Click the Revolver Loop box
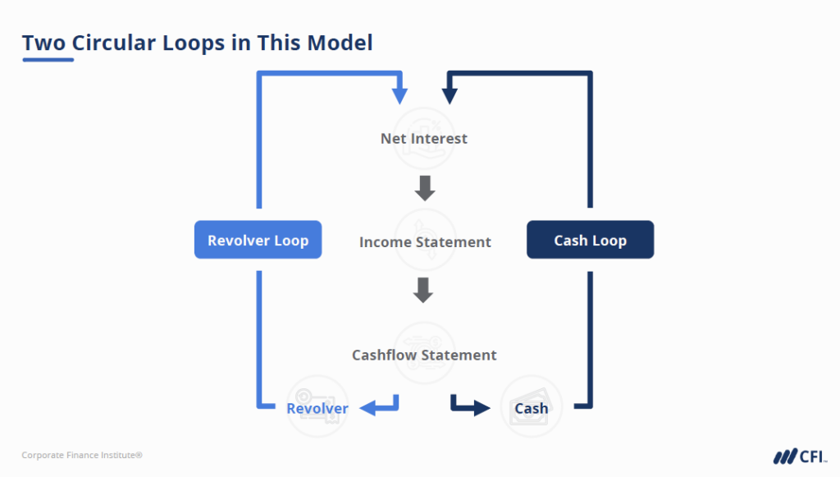[x=258, y=241]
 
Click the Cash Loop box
[x=590, y=241]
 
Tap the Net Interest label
[x=423, y=138]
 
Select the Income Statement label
[x=425, y=242]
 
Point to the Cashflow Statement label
[x=424, y=355]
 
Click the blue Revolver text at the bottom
[x=317, y=408]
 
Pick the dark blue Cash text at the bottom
[x=531, y=408]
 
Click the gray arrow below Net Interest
[x=424, y=188]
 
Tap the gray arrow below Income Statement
[x=423, y=290]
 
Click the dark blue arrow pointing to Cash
[x=469, y=405]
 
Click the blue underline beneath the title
[x=48, y=61]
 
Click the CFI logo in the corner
[x=800, y=456]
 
